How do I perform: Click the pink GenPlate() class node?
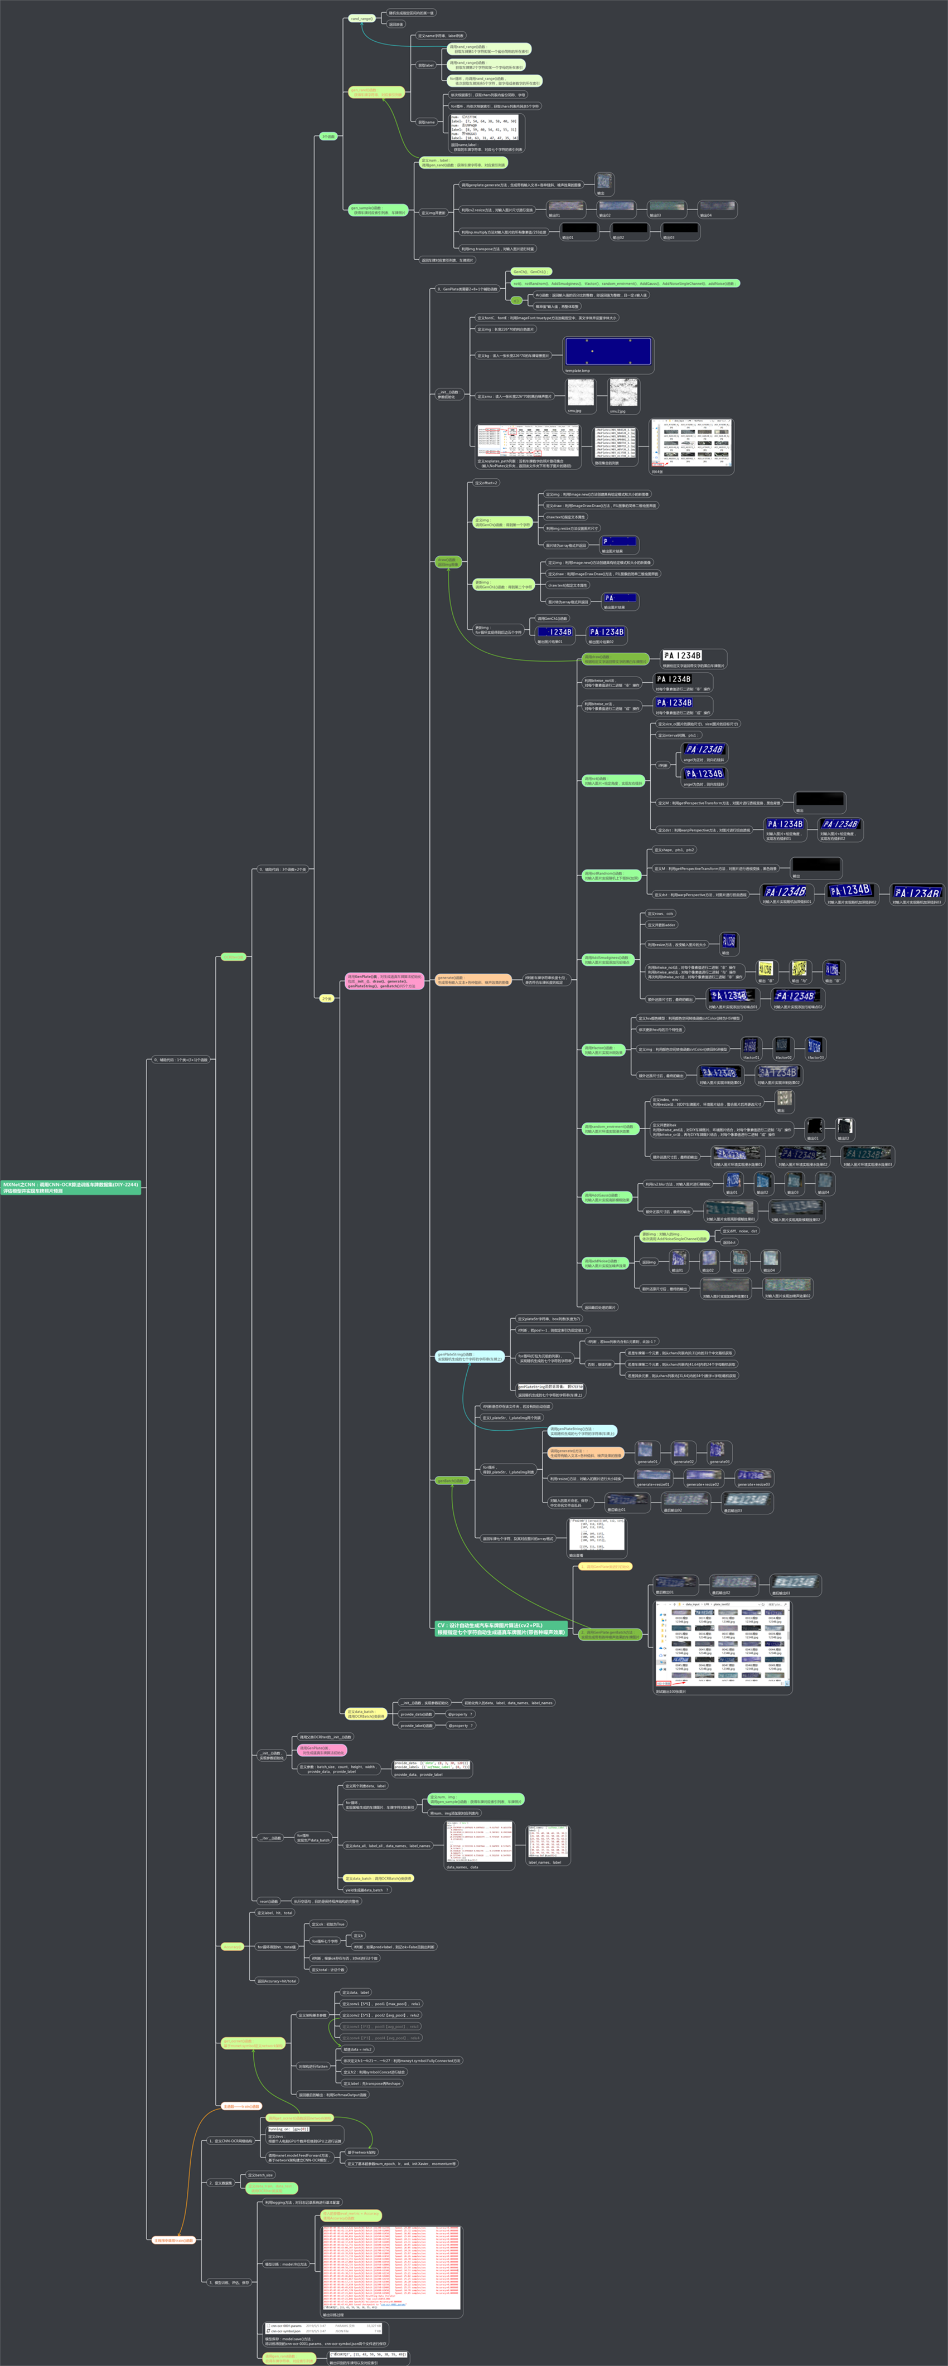point(384,981)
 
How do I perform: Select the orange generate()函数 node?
point(472,980)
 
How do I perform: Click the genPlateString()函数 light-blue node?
point(468,1356)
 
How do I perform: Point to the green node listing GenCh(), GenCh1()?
point(529,272)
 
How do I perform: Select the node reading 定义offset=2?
point(486,483)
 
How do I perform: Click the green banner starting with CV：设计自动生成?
point(501,1629)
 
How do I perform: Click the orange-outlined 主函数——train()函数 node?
point(241,2106)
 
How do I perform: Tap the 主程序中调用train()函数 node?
point(173,2240)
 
